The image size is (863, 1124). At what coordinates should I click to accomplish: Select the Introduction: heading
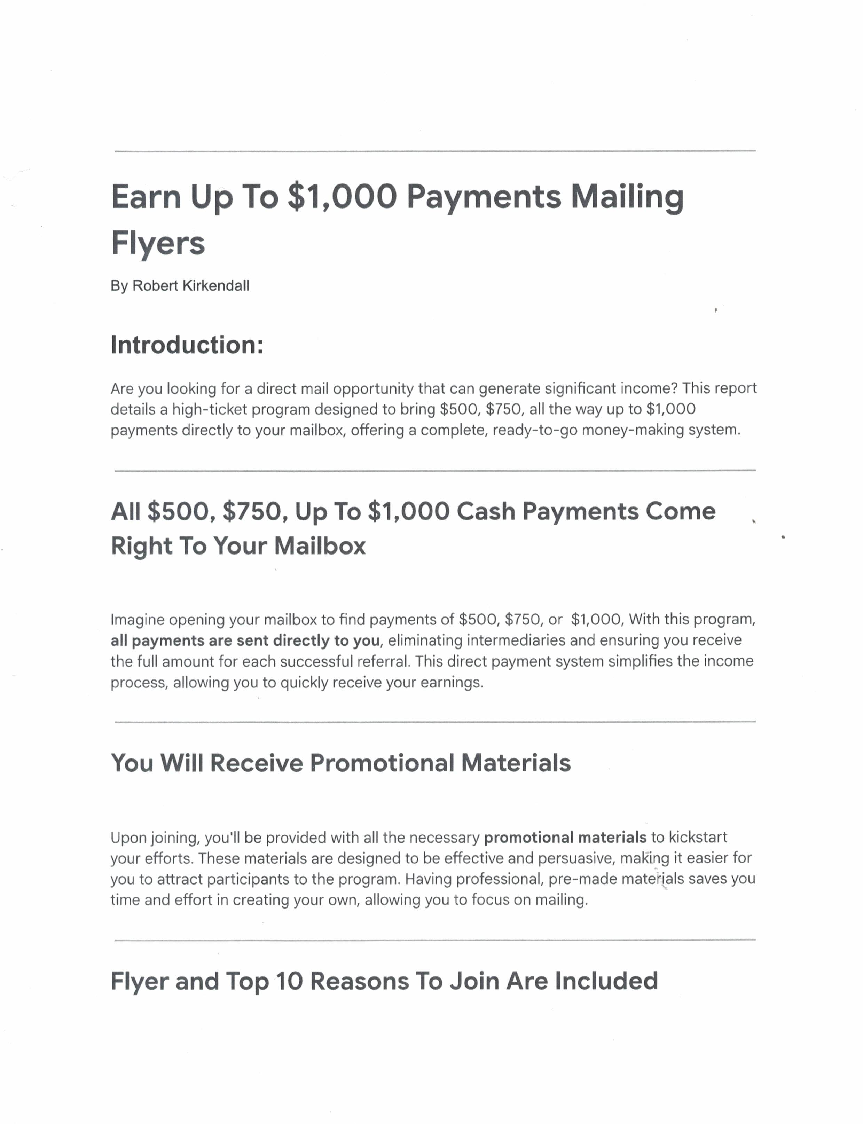click(x=187, y=345)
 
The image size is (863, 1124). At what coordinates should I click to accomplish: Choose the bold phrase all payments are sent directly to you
click(x=245, y=640)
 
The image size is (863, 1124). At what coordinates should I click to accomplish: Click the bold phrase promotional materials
click(x=565, y=838)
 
